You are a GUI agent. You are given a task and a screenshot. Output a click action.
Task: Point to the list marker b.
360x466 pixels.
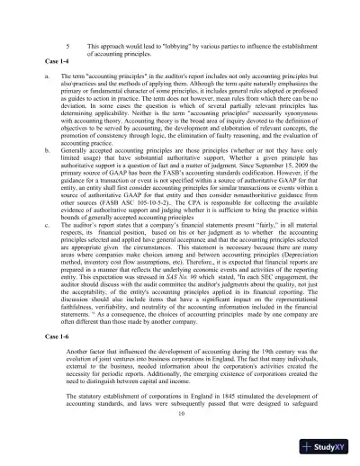click(x=46, y=167)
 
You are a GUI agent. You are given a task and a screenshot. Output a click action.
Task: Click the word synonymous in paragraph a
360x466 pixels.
click(x=286, y=119)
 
